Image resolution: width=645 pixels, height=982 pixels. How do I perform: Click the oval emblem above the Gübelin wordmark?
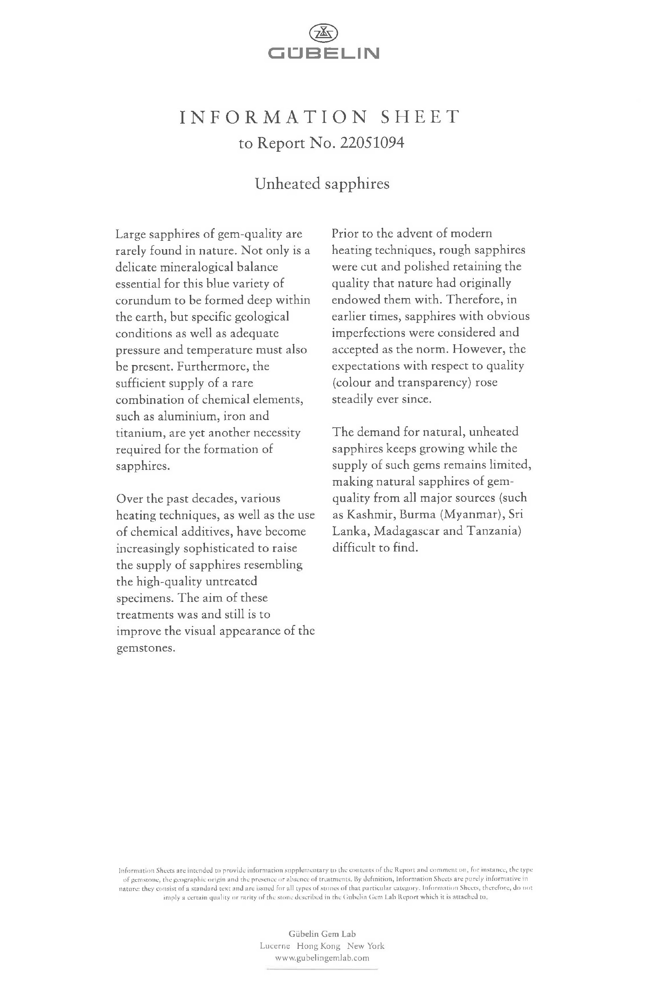pyautogui.click(x=324, y=33)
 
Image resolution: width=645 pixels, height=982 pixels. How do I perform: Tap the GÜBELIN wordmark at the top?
pyautogui.click(x=324, y=53)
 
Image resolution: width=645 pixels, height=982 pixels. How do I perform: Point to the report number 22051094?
pyautogui.click(x=371, y=143)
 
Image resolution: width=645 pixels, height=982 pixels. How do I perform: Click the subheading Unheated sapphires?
pyautogui.click(x=322, y=184)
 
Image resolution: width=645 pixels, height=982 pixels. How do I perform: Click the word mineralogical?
pyautogui.click(x=194, y=267)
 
